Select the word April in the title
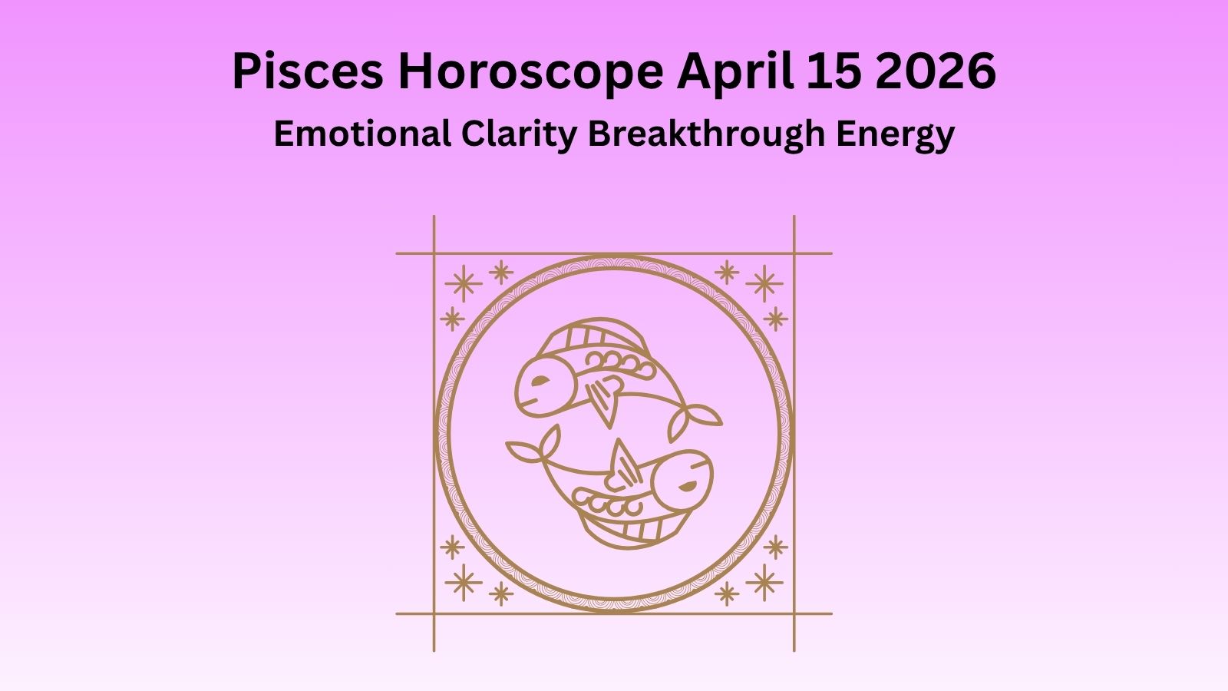click(x=734, y=71)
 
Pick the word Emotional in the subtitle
click(x=362, y=134)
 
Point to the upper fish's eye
click(x=540, y=380)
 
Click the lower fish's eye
click(x=687, y=485)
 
